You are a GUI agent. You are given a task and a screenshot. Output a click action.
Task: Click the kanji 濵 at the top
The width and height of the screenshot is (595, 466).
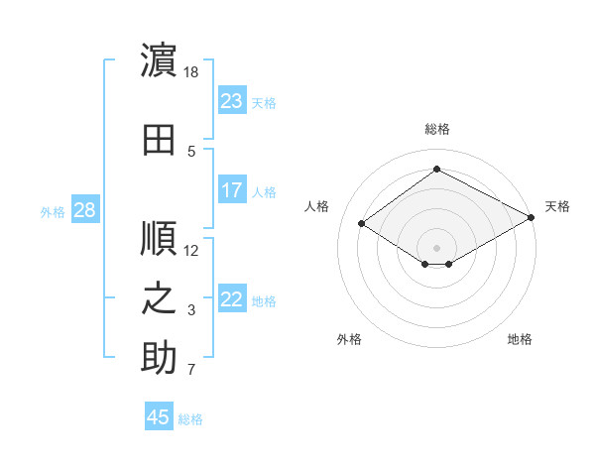[159, 59]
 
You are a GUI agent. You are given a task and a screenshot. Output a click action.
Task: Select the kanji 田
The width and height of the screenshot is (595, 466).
[159, 140]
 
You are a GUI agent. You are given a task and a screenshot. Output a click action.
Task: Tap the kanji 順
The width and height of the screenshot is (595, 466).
[159, 238]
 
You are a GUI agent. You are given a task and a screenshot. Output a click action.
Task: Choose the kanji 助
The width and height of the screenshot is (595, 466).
[159, 357]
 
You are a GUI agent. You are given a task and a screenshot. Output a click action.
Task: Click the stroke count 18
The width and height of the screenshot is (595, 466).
[190, 72]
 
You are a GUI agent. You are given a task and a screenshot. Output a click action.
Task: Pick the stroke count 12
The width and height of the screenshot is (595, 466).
[190, 251]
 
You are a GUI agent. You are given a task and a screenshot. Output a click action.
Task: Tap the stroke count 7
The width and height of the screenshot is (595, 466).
[191, 369]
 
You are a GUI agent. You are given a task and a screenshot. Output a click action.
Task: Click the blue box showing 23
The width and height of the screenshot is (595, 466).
[232, 100]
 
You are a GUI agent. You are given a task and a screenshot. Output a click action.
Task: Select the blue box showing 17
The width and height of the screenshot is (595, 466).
[232, 189]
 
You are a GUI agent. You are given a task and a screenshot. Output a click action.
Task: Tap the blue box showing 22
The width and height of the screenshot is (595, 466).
[232, 297]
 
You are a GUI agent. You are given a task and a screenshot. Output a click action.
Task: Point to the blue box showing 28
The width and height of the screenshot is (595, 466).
[85, 209]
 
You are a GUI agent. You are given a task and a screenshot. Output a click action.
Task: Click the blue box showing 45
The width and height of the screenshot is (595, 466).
[159, 415]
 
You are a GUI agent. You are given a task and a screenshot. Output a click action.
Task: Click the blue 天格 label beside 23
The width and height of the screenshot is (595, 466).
[264, 103]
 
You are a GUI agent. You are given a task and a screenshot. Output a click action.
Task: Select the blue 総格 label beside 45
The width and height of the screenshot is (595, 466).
[190, 419]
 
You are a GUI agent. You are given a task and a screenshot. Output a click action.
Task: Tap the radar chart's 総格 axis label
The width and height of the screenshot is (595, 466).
[437, 129]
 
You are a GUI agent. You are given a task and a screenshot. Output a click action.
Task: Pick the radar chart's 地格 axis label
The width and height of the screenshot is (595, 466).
[520, 339]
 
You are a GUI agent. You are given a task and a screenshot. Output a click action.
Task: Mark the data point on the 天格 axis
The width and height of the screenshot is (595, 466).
[532, 217]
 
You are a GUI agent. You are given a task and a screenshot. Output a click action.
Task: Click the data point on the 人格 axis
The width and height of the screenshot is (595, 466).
[362, 223]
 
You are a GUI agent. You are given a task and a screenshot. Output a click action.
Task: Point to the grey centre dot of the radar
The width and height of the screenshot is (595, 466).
[436, 248]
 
